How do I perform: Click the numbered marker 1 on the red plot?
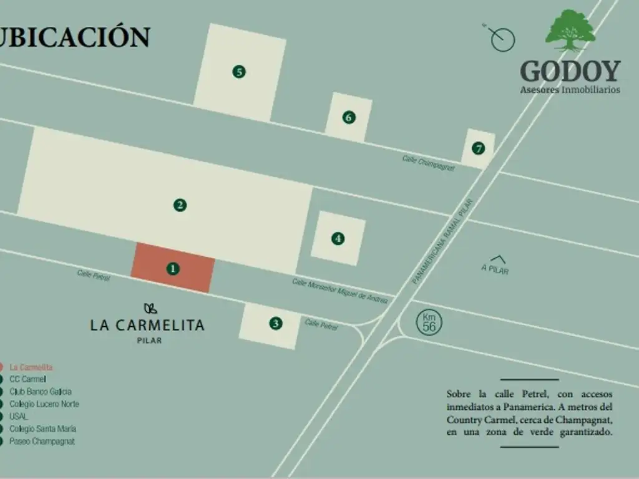coord(173,269)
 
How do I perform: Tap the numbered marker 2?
coord(180,205)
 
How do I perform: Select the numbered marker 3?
coord(276,323)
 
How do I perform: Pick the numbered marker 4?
coord(338,238)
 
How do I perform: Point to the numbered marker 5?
coord(238,72)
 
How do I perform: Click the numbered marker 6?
coord(349,117)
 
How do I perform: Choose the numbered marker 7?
coord(478,148)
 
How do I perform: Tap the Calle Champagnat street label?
coord(429,163)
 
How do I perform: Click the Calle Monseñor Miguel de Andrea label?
coord(340,291)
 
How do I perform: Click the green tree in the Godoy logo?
coord(570,30)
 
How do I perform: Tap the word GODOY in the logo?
coord(570,71)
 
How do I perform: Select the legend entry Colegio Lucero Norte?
coord(44,404)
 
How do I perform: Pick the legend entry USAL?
coord(19,417)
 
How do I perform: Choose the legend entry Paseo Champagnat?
coord(42,442)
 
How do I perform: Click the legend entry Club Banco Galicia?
coord(41,392)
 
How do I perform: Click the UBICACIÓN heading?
coord(75,37)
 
